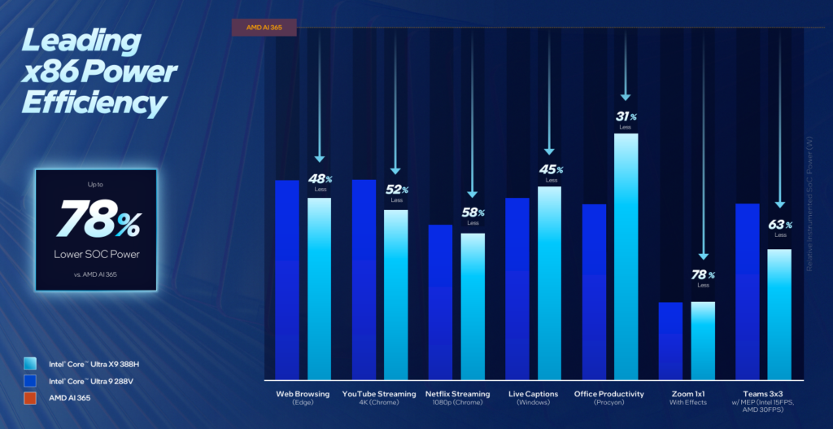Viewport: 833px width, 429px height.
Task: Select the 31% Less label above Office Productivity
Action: coord(625,119)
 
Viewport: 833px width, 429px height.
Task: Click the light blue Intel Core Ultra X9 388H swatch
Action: coord(30,363)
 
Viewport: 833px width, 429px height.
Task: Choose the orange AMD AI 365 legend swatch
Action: coord(30,398)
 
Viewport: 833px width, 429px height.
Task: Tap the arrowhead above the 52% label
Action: coord(395,170)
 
